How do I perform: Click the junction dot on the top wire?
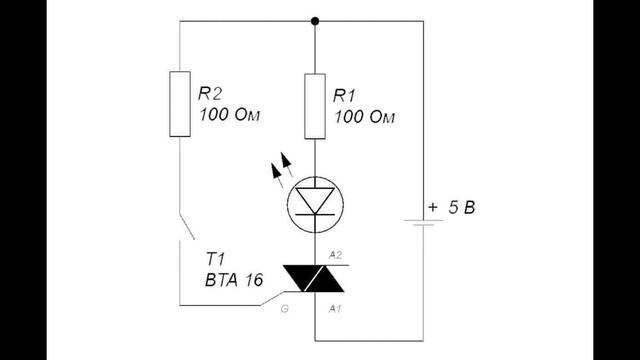pyautogui.click(x=315, y=21)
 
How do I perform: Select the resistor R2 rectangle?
pyautogui.click(x=180, y=104)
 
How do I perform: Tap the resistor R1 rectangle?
pyautogui.click(x=315, y=107)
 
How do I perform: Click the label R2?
pyautogui.click(x=210, y=93)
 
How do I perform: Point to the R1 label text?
pyautogui.click(x=344, y=96)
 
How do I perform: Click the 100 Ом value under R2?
pyautogui.click(x=229, y=115)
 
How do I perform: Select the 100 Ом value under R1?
pyautogui.click(x=364, y=117)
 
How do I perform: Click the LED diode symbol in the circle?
pyautogui.click(x=315, y=204)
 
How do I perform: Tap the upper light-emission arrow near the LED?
pyautogui.click(x=287, y=164)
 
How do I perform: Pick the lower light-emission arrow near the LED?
pyautogui.click(x=278, y=175)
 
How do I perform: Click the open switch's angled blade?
pyautogui.click(x=187, y=227)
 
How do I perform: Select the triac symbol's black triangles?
pyautogui.click(x=313, y=279)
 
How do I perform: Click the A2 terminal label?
pyautogui.click(x=335, y=256)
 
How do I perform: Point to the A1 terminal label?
pyautogui.click(x=335, y=309)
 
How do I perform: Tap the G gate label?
pyautogui.click(x=284, y=309)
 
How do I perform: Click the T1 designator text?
pyautogui.click(x=215, y=259)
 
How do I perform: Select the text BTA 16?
pyautogui.click(x=234, y=280)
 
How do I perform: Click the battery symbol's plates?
pyautogui.click(x=423, y=222)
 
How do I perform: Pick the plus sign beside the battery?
pyautogui.click(x=433, y=207)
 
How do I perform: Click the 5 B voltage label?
pyautogui.click(x=462, y=208)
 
